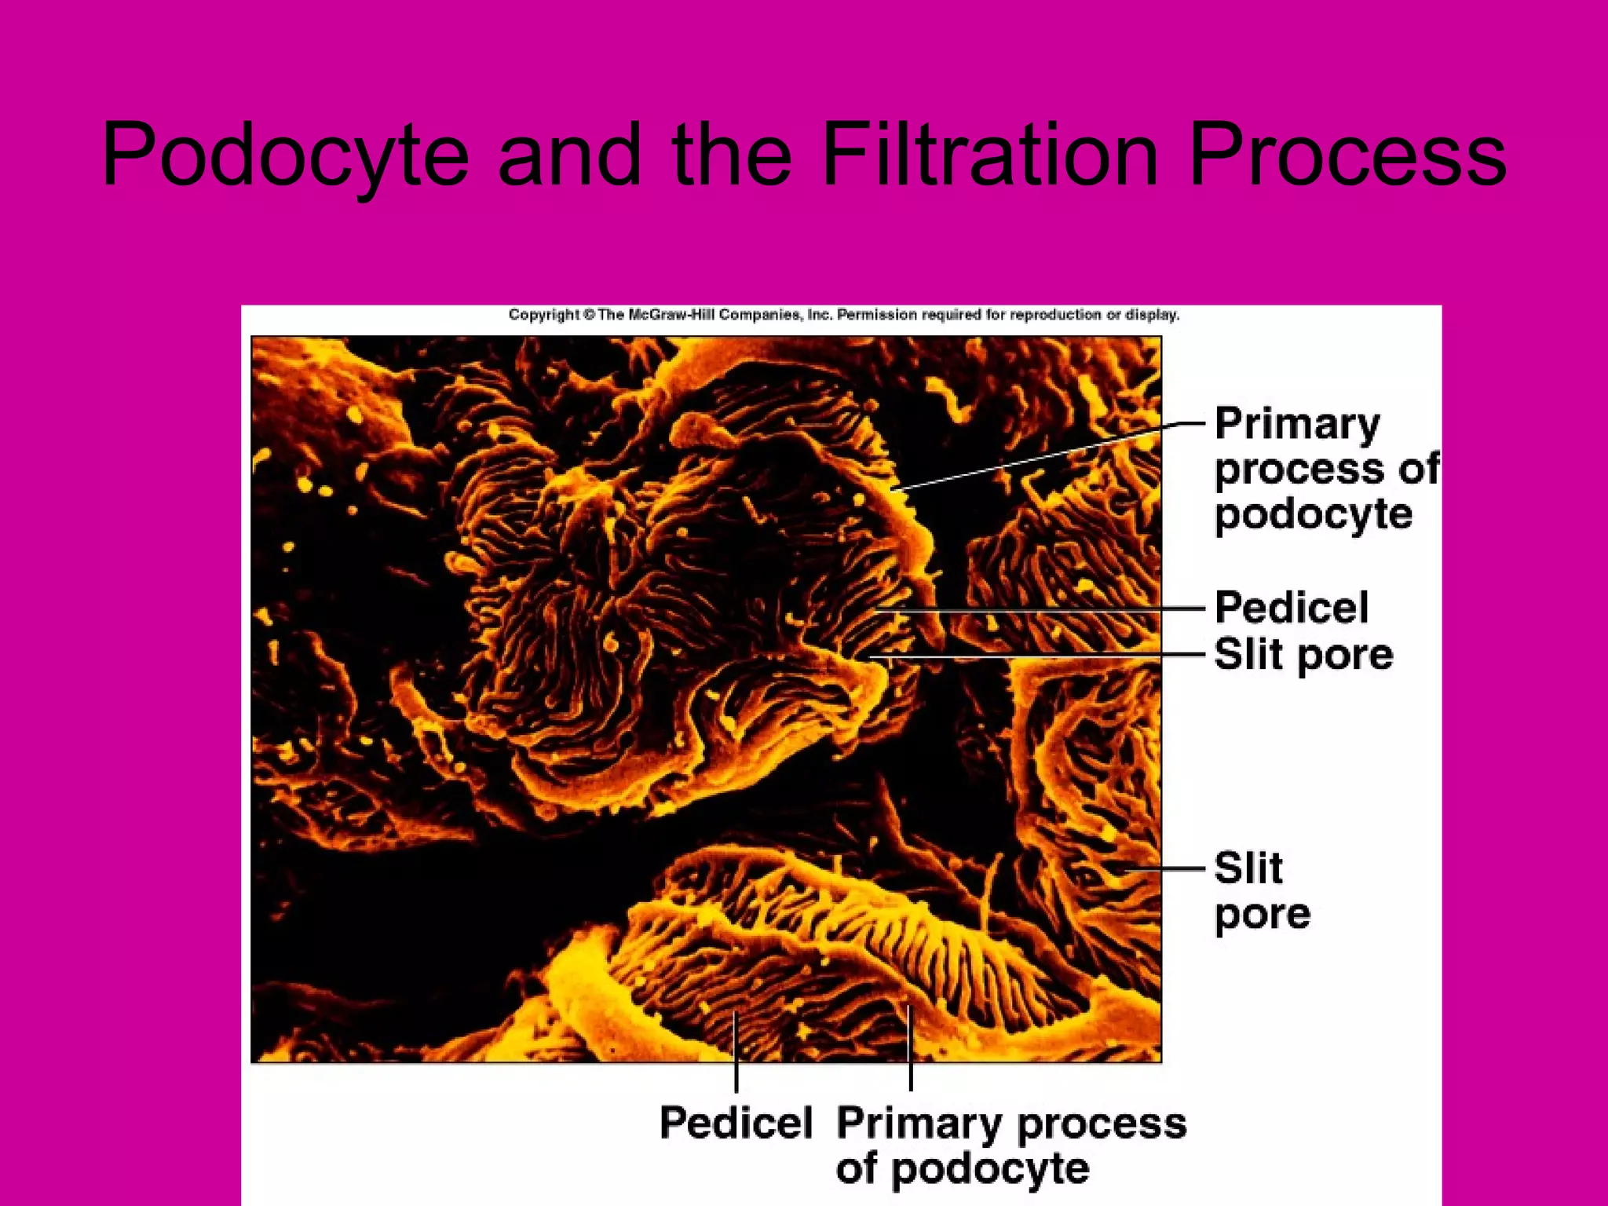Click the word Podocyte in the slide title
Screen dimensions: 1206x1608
(285, 155)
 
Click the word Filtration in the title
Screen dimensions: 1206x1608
(990, 155)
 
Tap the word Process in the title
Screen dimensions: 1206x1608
(1347, 155)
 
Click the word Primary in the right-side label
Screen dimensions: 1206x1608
(1296, 425)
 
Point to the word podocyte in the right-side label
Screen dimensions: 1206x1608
(1313, 515)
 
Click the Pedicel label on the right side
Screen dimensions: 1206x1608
(1291, 607)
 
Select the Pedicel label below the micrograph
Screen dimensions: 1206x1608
(736, 1122)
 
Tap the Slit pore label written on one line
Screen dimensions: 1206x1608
(1303, 654)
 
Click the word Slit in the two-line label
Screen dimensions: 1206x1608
(1248, 868)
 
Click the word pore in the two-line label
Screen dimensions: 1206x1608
(1262, 914)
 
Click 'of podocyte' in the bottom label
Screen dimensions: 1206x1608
(963, 1168)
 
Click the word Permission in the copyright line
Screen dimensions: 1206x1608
(877, 315)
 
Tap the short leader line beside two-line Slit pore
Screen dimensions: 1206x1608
(1162, 868)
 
